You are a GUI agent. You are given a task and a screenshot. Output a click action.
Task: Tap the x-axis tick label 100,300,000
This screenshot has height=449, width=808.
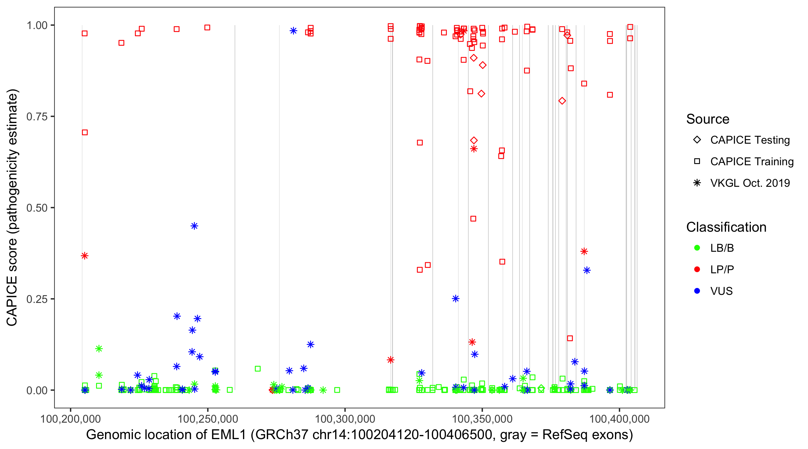coord(345,419)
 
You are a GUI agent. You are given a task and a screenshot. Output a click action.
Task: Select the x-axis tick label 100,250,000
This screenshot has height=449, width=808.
coord(208,419)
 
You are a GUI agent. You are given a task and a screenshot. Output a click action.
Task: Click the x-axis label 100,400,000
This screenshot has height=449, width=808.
coord(619,419)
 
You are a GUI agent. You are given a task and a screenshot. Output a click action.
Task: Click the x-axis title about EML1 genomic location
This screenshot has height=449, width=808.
coord(359,435)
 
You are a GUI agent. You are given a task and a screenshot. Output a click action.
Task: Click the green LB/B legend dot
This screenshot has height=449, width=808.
coord(697,248)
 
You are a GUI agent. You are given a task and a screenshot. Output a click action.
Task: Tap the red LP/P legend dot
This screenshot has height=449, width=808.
coord(697,269)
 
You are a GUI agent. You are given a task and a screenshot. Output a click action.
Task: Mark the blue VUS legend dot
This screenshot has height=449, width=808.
coord(697,291)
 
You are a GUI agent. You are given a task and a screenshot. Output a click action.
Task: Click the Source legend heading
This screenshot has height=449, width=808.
coord(708,119)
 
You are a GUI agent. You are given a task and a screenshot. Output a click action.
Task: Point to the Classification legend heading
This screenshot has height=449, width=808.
coord(726,227)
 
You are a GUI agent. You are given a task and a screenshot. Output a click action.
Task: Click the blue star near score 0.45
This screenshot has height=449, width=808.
coord(194,226)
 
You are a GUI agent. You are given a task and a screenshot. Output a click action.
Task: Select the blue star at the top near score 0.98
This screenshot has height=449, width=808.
coord(293,31)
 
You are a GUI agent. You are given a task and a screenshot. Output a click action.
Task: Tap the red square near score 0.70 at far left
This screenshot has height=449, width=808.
coord(85,132)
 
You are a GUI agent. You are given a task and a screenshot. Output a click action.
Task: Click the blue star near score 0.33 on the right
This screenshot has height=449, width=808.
coord(587,270)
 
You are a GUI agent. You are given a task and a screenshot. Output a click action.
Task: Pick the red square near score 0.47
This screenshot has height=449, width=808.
coord(473,219)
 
